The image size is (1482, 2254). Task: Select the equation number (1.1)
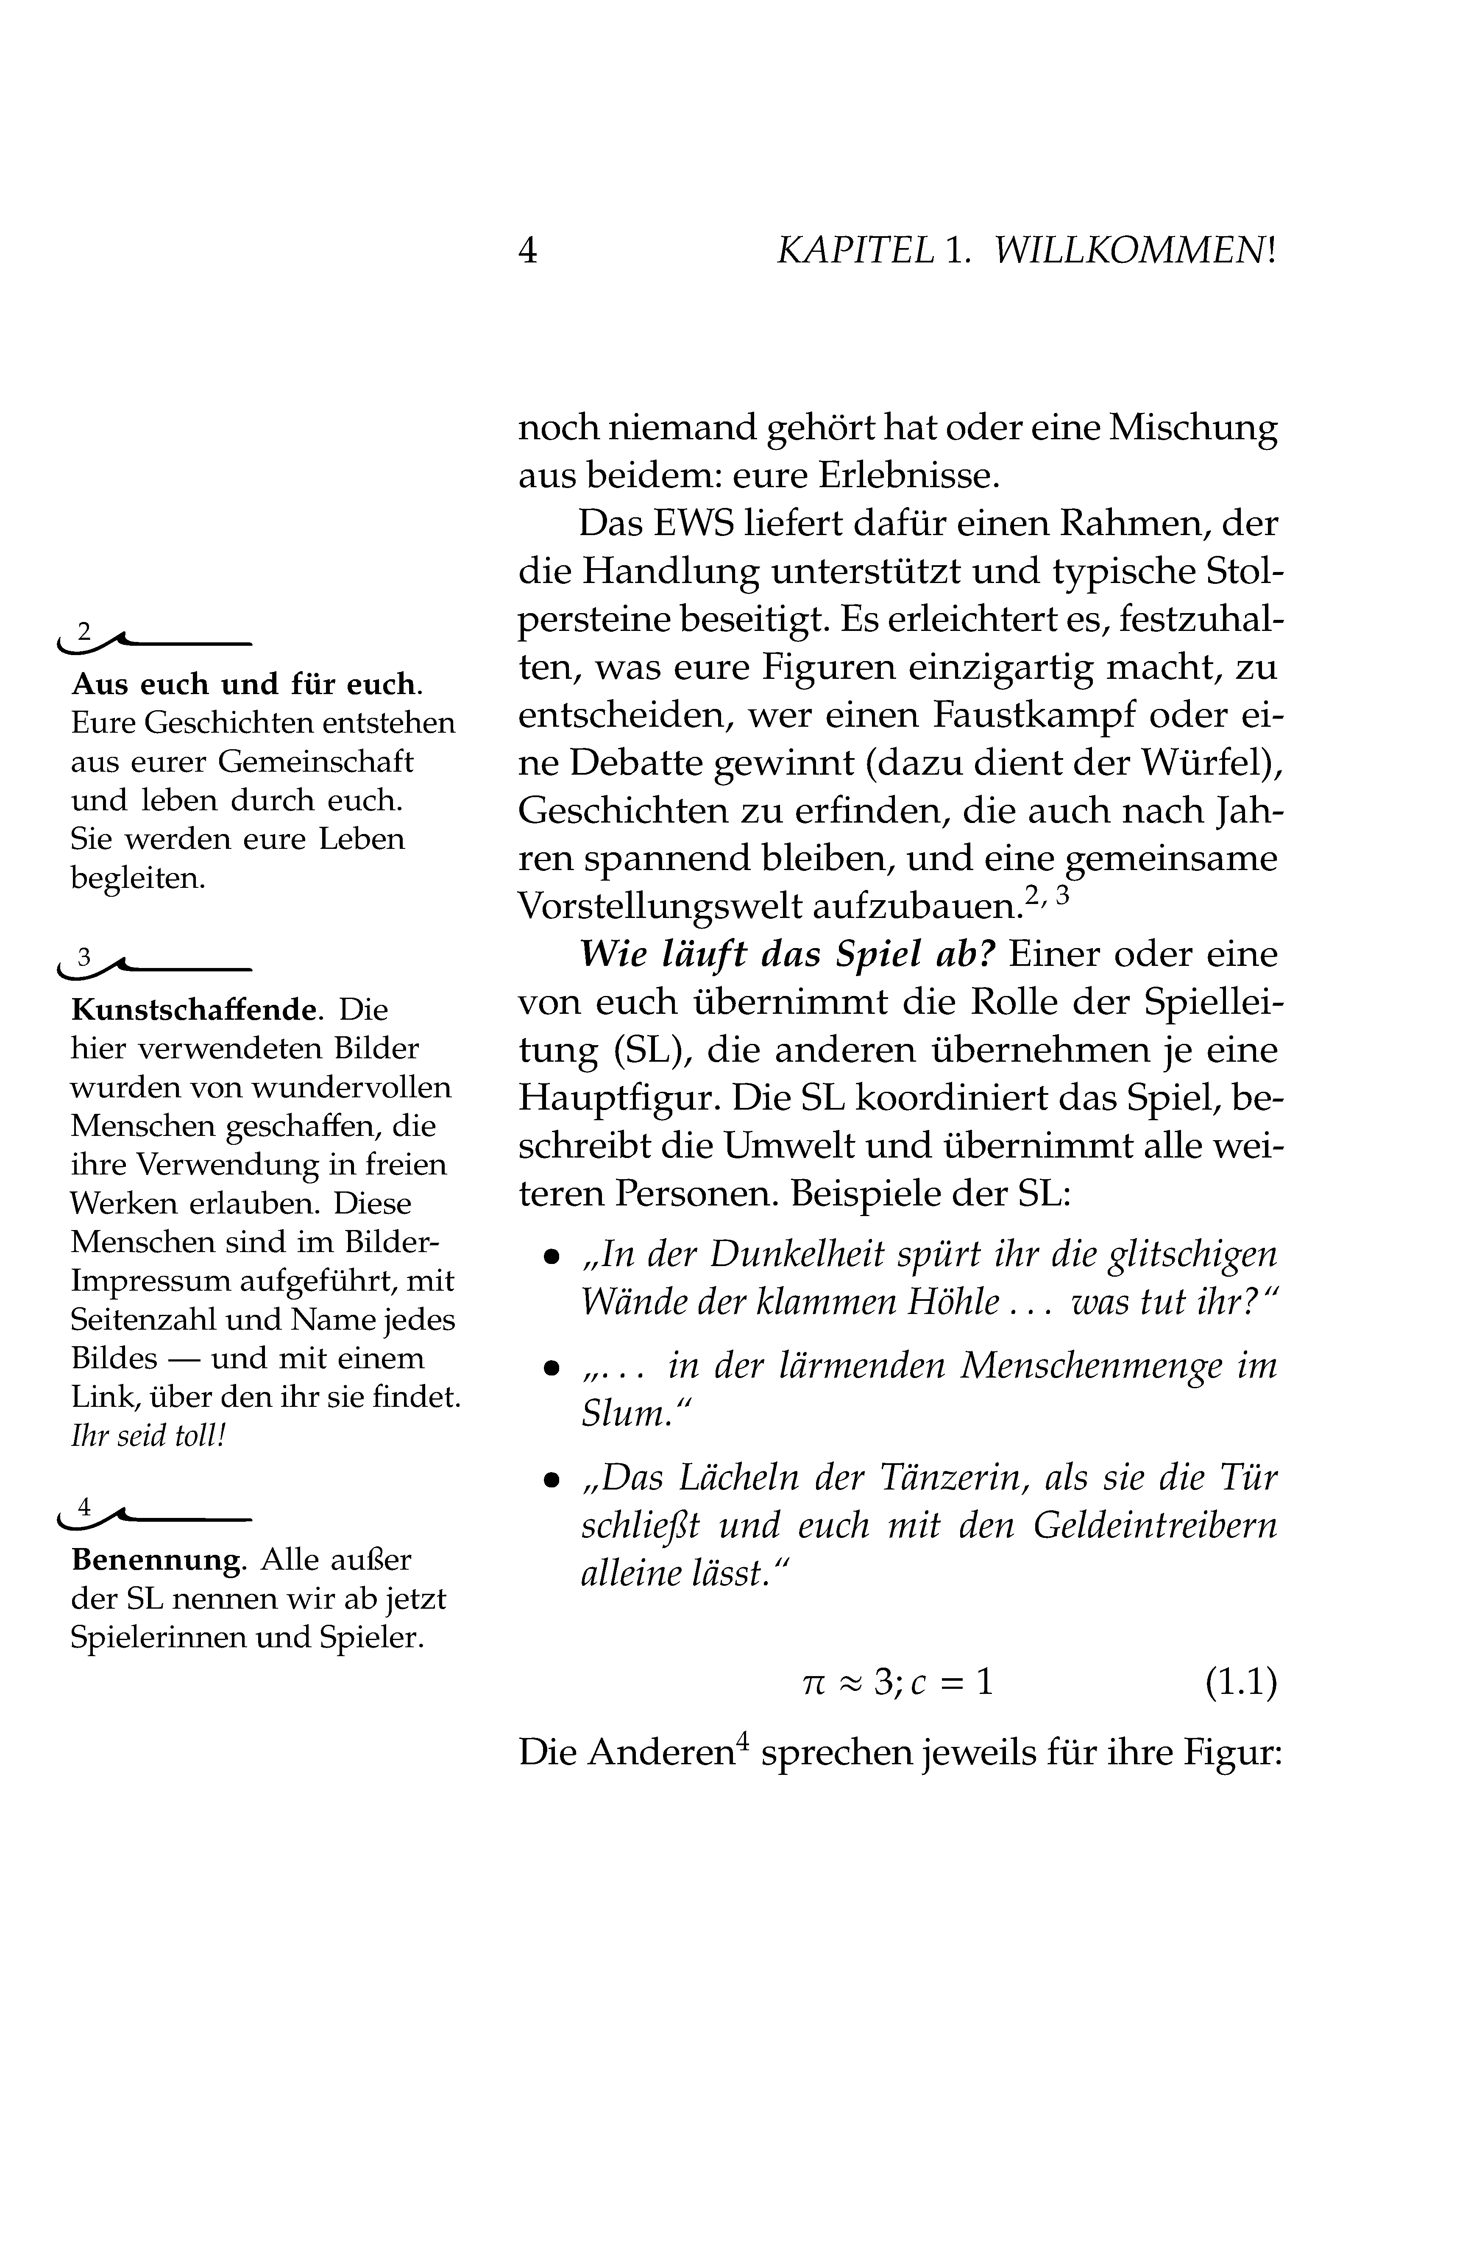(x=1240, y=1682)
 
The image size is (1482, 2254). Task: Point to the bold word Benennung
(x=156, y=1560)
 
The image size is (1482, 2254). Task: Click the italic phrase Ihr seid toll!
(x=149, y=1436)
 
